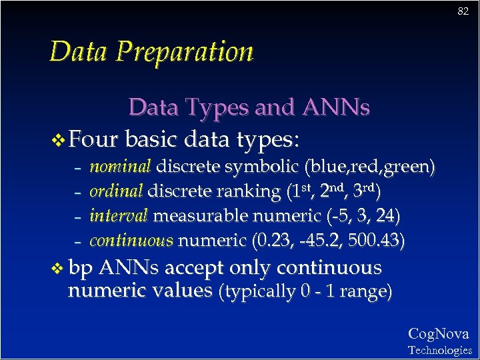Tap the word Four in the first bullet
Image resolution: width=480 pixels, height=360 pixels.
[94, 140]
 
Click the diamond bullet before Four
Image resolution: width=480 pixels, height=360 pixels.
[59, 141]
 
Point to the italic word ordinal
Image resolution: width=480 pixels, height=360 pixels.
[116, 191]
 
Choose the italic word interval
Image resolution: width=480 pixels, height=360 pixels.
[119, 216]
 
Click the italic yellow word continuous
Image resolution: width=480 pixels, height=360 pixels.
[131, 240]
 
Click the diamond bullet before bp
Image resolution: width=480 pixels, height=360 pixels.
[59, 269]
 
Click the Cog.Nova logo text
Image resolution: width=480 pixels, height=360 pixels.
[438, 334]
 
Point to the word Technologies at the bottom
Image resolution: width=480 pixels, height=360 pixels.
[439, 350]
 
